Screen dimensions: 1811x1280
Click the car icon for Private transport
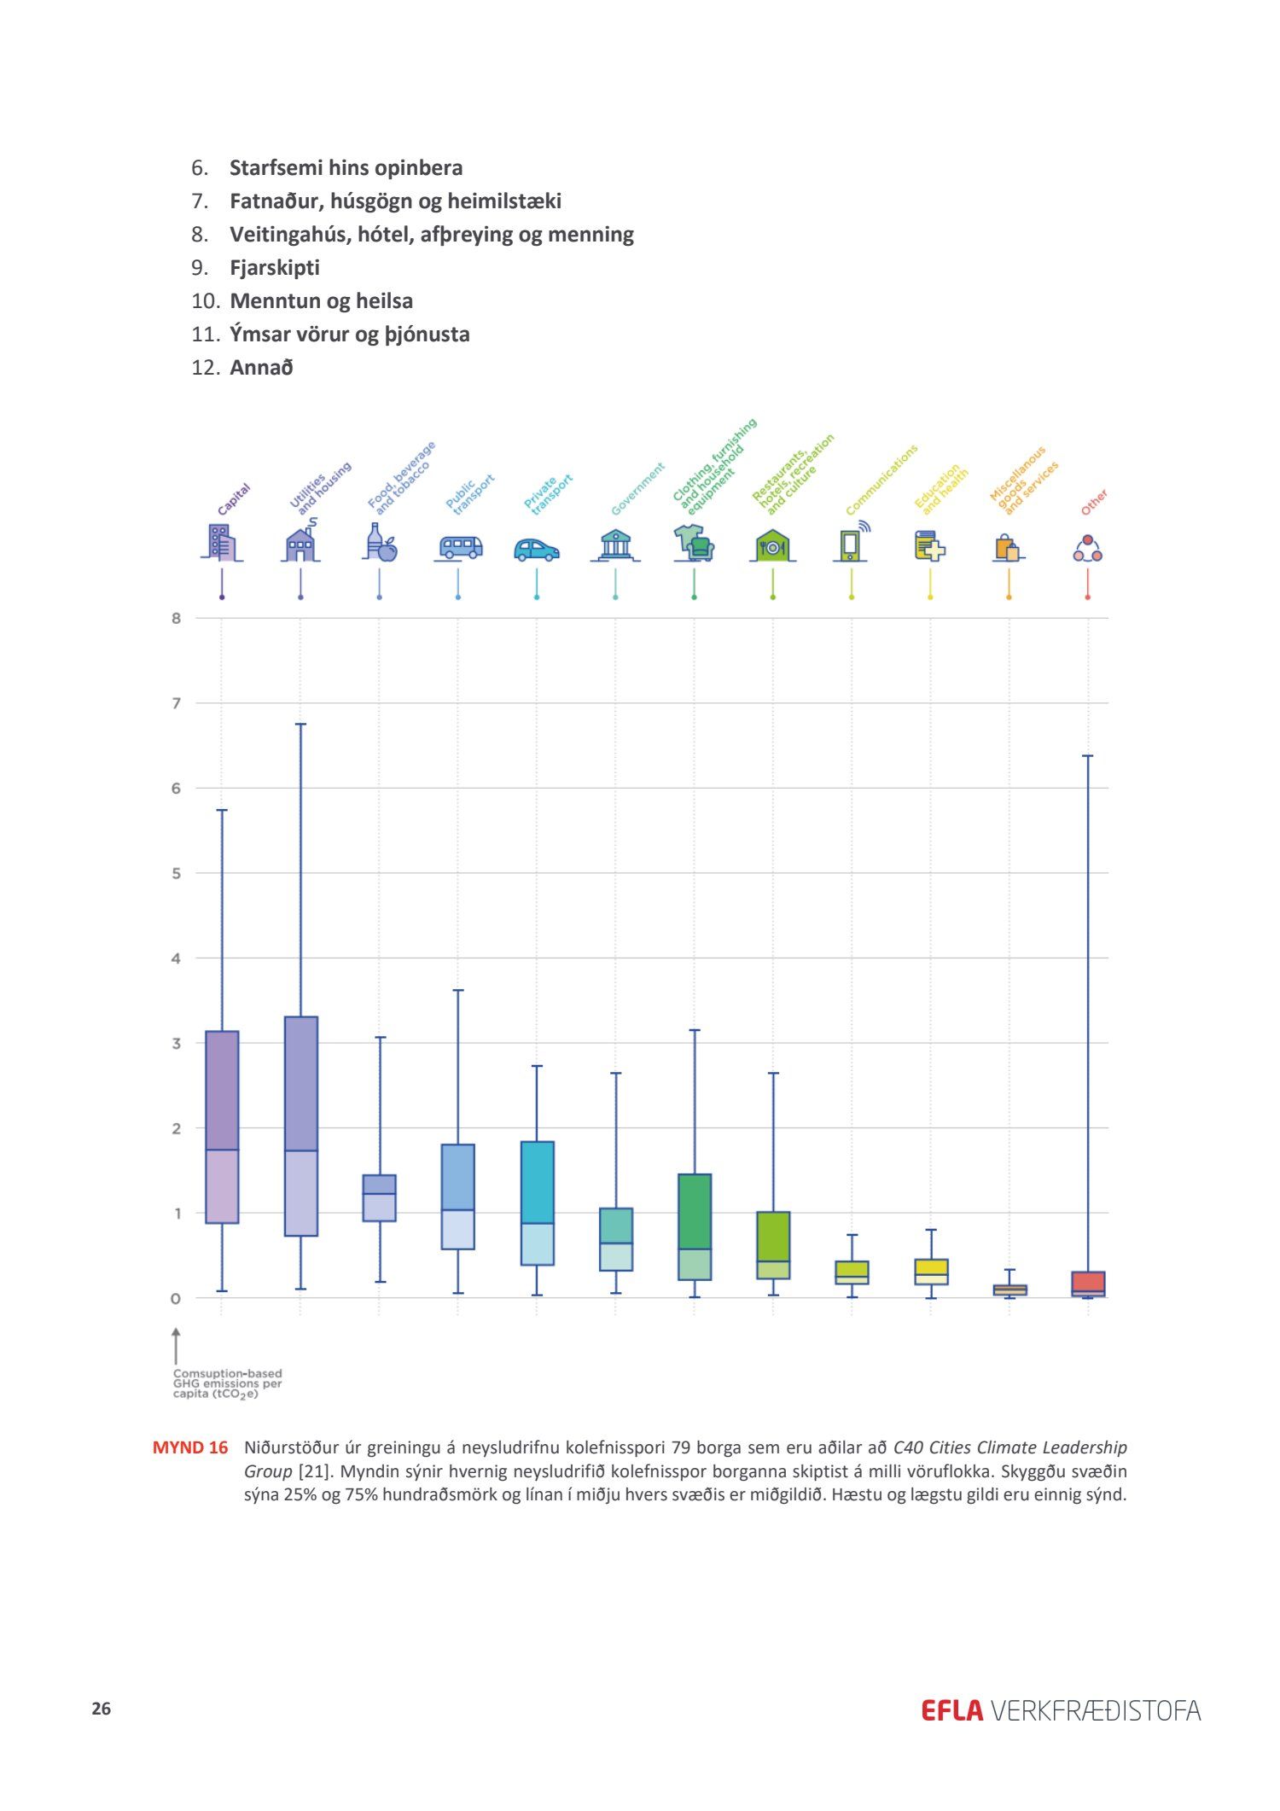pyautogui.click(x=536, y=550)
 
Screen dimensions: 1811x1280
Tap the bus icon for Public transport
pyautogui.click(x=460, y=547)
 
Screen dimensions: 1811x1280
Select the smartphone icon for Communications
pyautogui.click(x=850, y=544)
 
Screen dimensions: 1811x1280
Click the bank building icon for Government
pyautogui.click(x=615, y=544)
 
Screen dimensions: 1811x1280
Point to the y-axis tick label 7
pyautogui.click(x=177, y=703)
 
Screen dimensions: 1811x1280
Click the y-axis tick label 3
pyautogui.click(x=177, y=1043)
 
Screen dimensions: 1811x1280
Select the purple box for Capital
pyautogui.click(x=222, y=1127)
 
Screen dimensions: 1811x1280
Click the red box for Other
pyautogui.click(x=1088, y=1284)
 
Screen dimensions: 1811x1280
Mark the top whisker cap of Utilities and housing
pyautogui.click(x=300, y=724)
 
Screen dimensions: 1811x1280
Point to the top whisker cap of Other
pyautogui.click(x=1088, y=755)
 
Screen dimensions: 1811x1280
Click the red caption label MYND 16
pyautogui.click(x=190, y=1447)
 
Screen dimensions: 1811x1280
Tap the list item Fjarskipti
pyautogui.click(x=275, y=268)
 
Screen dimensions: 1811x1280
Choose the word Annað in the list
pyautogui.click(x=261, y=368)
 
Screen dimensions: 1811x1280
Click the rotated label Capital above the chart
pyautogui.click(x=233, y=499)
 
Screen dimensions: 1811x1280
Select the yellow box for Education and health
pyautogui.click(x=931, y=1271)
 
